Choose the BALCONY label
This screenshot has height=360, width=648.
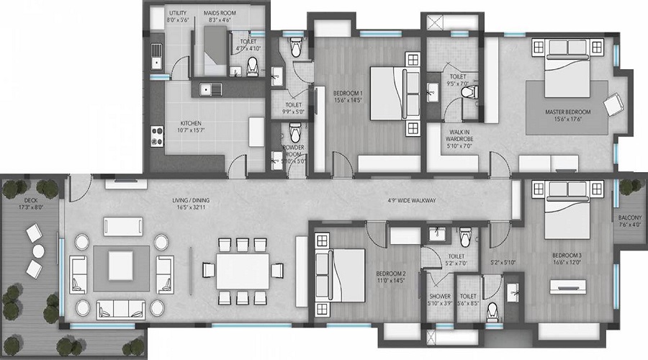pos(630,215)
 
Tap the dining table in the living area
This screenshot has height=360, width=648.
pos(243,269)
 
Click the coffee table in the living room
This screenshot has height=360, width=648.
pos(120,264)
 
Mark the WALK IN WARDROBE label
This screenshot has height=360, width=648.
pos(459,137)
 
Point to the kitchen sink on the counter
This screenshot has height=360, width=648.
pos(207,89)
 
